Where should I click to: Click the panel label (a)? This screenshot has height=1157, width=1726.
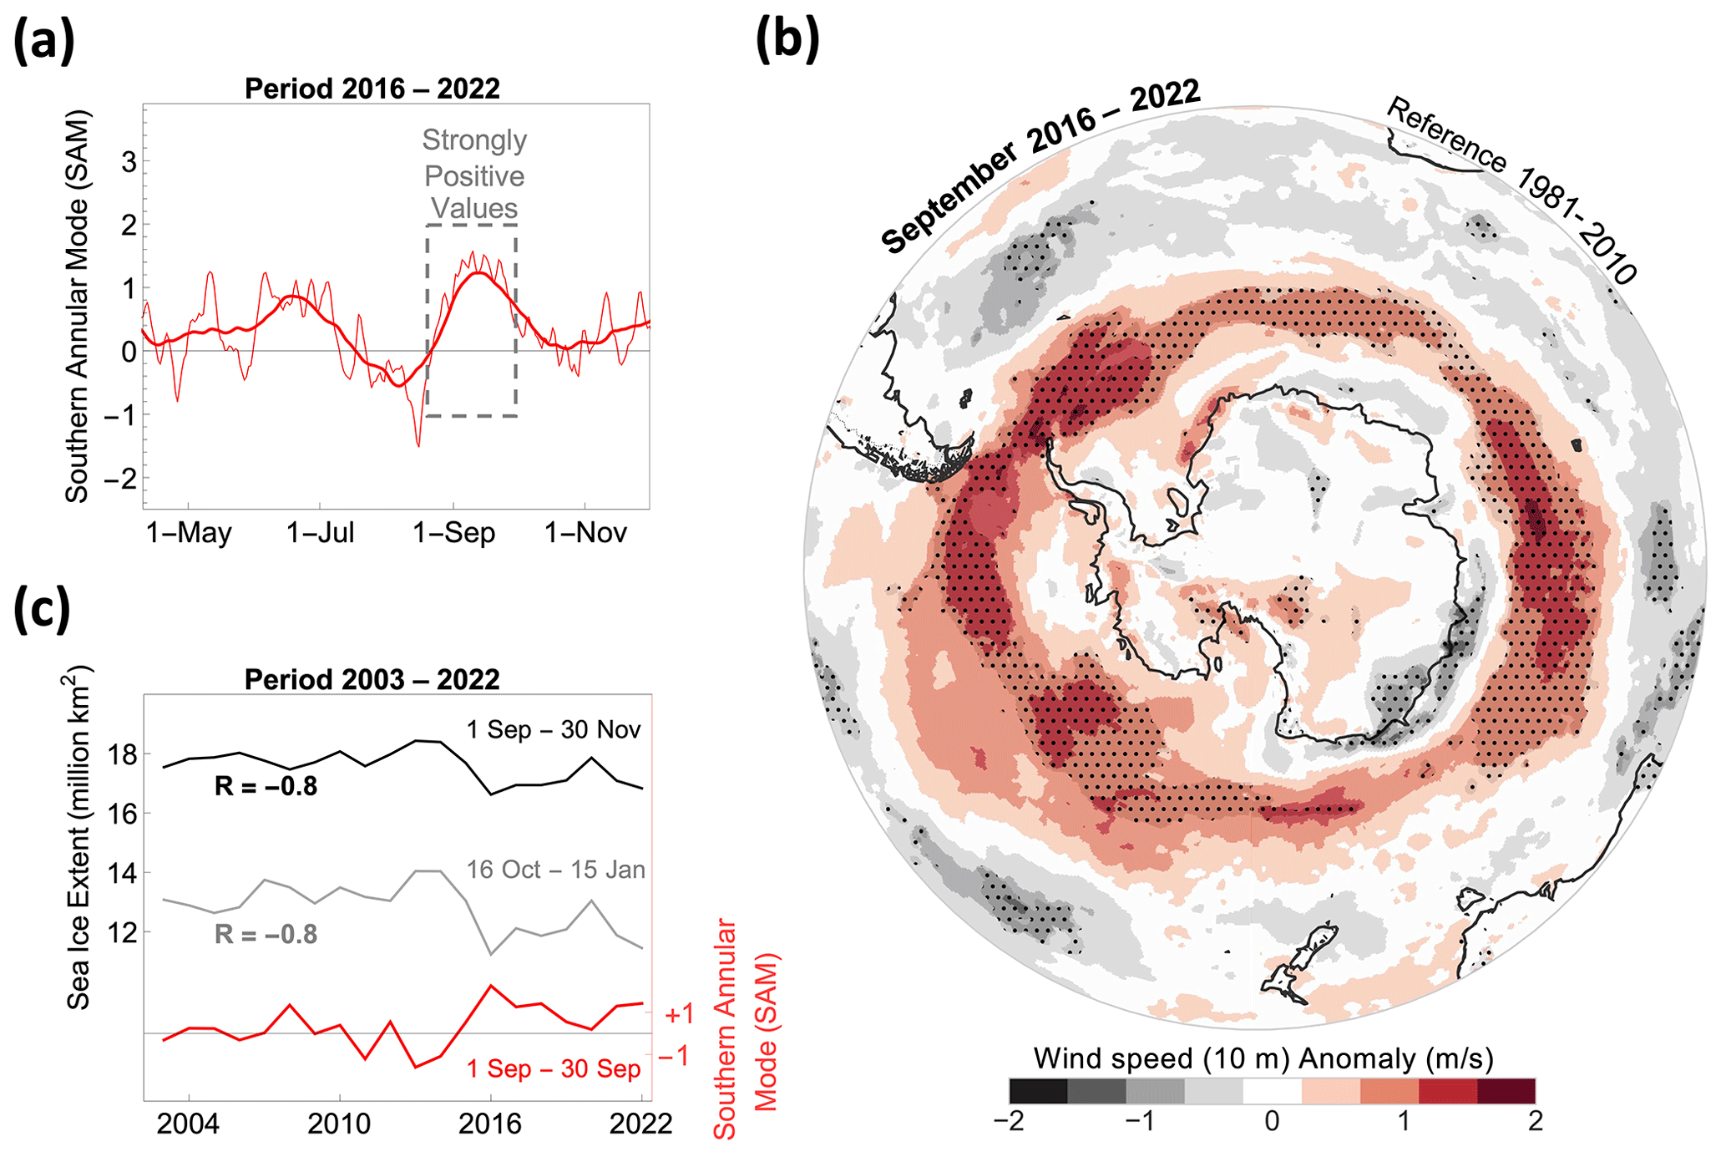coord(43,41)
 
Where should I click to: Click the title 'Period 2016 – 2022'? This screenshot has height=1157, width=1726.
coord(372,89)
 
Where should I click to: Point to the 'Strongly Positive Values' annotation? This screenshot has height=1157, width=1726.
coord(474,175)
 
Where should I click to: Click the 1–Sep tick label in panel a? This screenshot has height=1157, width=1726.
coord(454,533)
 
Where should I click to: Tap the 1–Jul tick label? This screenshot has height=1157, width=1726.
coord(321,533)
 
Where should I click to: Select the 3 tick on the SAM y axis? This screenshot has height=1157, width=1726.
coord(129,162)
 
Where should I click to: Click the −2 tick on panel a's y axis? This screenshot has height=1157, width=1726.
coord(120,479)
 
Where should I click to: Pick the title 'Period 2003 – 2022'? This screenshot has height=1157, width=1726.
coord(372,680)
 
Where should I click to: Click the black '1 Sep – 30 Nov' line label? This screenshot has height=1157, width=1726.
coord(553,730)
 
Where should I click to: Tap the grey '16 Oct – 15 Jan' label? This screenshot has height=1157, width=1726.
coord(555,870)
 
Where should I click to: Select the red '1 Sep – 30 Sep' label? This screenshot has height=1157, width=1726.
coord(553,1069)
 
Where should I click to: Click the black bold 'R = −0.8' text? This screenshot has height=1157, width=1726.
coord(266,787)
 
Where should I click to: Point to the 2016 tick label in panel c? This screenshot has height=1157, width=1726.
coord(490,1124)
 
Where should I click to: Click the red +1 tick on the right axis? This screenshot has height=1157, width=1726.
coord(679,1014)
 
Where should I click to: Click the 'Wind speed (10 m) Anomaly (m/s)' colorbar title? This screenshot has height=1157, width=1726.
coord(1263,1058)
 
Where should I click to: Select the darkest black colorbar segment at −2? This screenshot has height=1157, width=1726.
coord(1038,1091)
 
